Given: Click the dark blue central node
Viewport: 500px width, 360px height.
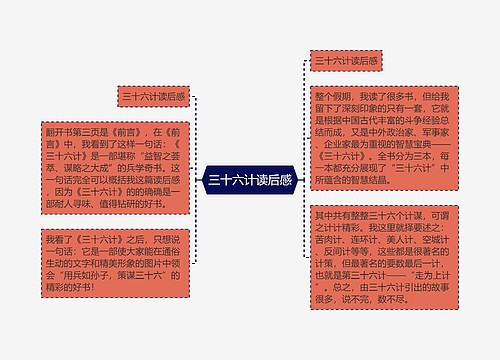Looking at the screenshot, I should pos(249,181).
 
